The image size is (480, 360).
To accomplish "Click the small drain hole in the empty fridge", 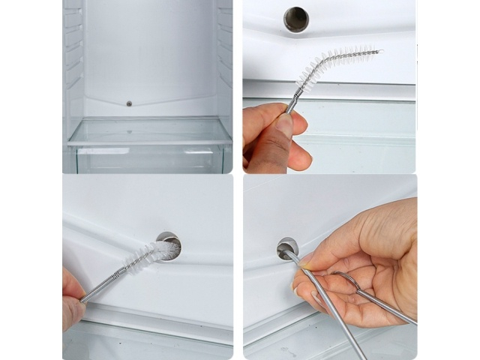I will (129, 103).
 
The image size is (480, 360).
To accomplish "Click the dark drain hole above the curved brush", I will (296, 19).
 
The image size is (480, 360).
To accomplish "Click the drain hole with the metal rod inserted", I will (286, 248).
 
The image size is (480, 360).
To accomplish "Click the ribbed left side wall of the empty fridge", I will (73, 60).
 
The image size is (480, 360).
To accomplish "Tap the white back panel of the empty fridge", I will (150, 52).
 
